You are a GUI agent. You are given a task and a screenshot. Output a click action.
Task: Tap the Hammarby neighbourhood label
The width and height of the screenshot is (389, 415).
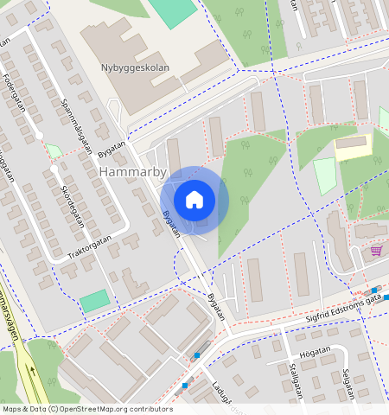click(x=132, y=172)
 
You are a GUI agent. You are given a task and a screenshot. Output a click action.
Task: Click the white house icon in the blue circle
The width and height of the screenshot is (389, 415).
click(x=194, y=201)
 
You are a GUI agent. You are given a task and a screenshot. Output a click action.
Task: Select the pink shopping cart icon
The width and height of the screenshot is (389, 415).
click(x=376, y=251)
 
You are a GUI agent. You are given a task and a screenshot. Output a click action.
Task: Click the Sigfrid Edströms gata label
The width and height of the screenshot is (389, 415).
click(x=343, y=308)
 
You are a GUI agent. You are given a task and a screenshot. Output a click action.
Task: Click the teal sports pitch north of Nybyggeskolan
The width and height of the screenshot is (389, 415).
click(x=173, y=10)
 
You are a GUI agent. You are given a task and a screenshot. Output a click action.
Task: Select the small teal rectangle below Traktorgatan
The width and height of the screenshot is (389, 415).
click(x=95, y=301)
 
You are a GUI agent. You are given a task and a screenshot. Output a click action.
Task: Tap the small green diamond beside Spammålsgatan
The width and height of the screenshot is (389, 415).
click(x=54, y=150)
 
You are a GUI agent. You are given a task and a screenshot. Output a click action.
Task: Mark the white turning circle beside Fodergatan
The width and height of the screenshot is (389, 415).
click(x=39, y=136)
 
